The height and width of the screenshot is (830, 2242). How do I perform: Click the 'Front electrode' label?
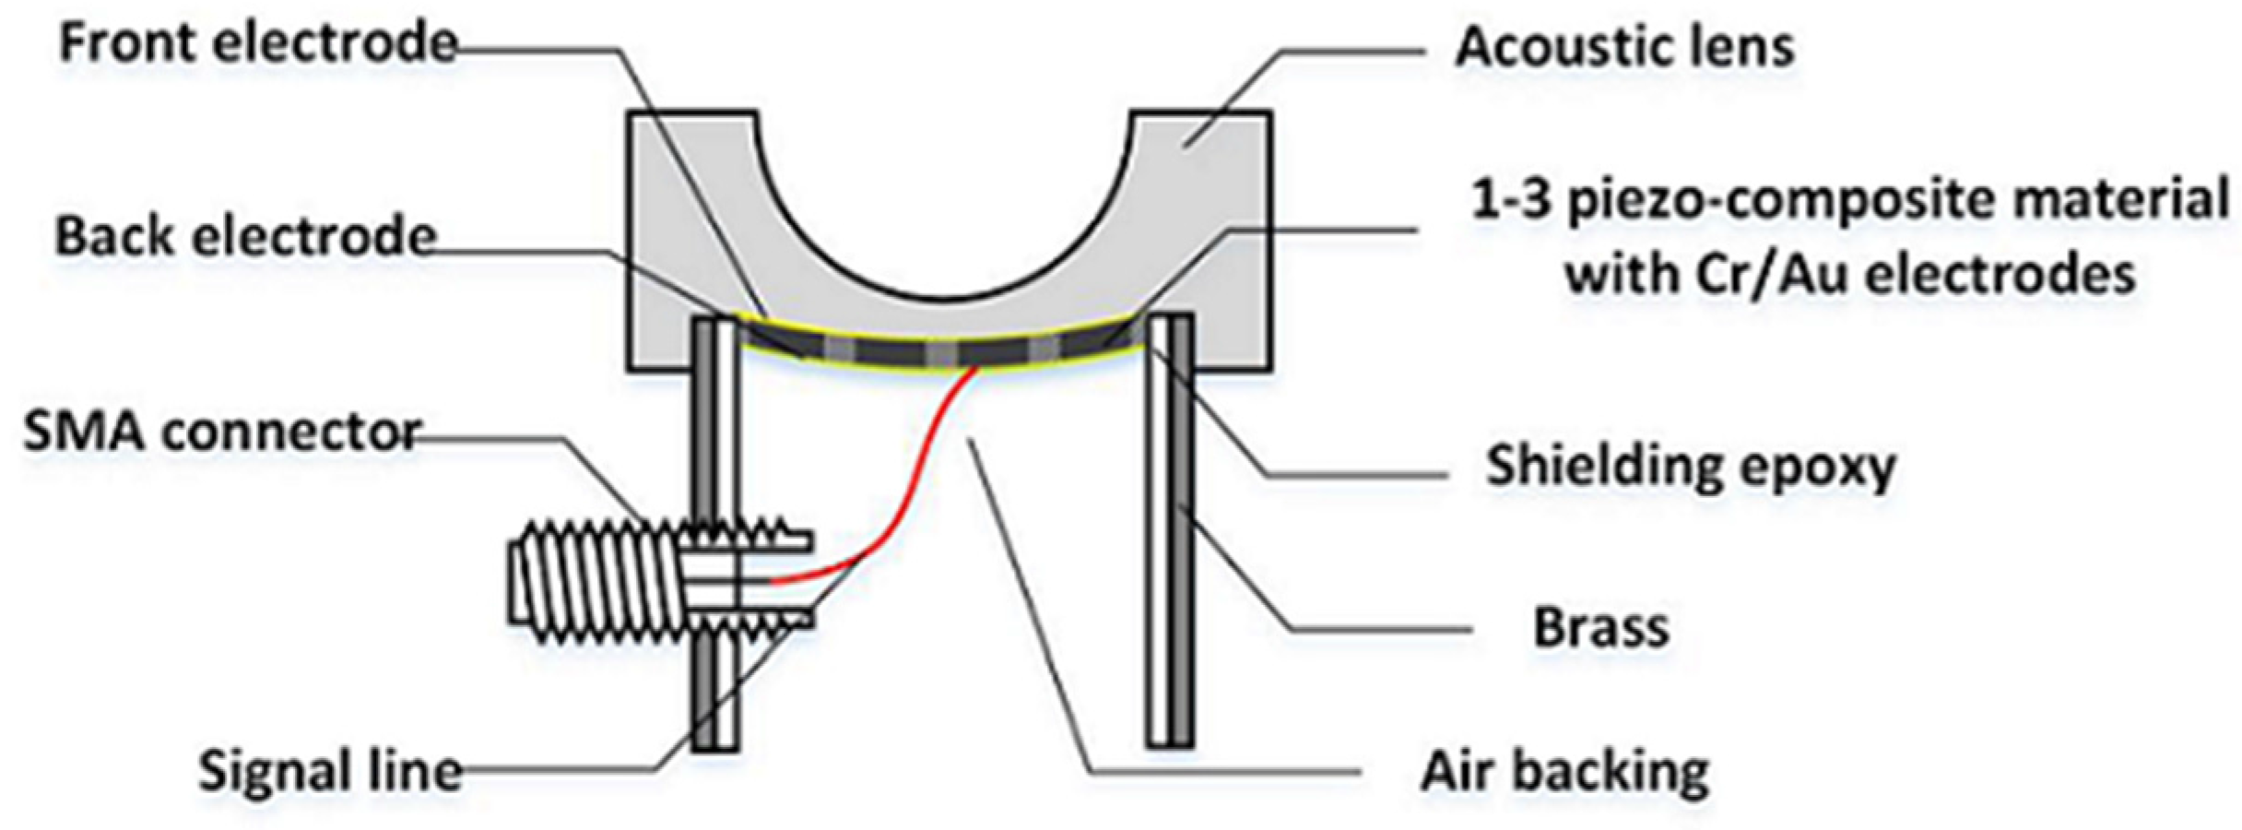pos(258,44)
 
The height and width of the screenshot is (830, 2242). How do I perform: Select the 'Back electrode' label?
pos(245,236)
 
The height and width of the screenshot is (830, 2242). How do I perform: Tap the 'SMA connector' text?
pos(222,432)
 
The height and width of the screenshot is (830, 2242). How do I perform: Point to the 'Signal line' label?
pos(330,770)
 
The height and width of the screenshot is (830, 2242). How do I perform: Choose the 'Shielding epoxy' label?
pos(1690,466)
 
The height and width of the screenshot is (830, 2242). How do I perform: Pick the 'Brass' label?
pos(1601,627)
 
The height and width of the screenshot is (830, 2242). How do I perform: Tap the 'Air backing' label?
pos(1564,770)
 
